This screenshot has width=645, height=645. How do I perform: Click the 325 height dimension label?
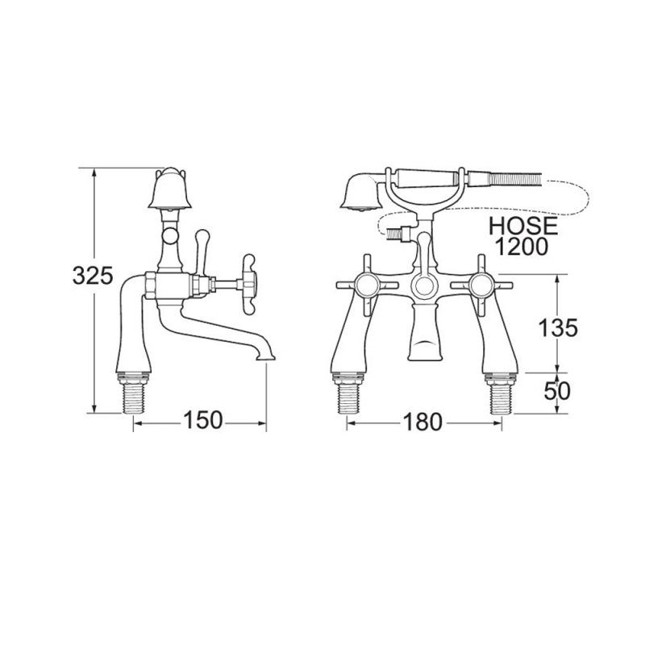pos(93,276)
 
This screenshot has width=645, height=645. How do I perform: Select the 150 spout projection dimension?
pos(203,420)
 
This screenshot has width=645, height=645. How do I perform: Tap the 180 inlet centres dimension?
pos(422,422)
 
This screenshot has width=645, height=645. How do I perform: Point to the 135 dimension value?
pos(558,328)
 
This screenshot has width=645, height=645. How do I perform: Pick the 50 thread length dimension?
pos(557,391)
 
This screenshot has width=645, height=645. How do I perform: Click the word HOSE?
pos(523,227)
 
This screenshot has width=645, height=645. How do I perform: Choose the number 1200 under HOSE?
pos(522,247)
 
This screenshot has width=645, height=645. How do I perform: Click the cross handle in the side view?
pos(249,284)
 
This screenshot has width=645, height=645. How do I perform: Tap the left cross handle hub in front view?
pos(368,285)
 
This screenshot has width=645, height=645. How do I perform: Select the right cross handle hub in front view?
pos(481,285)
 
